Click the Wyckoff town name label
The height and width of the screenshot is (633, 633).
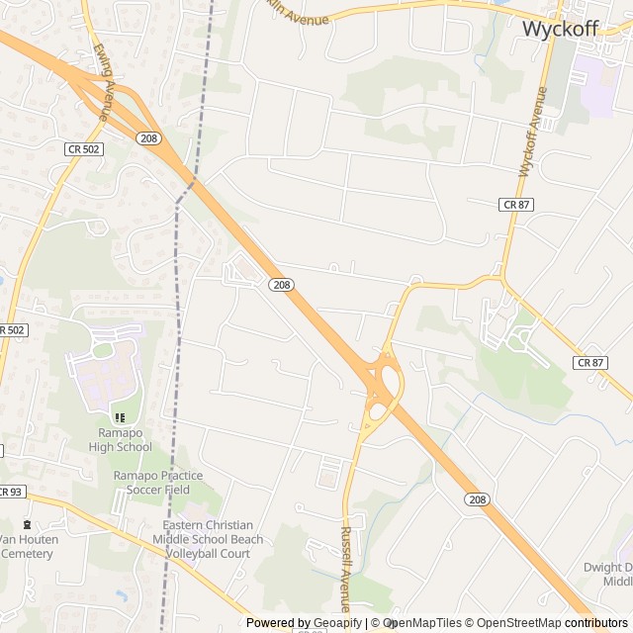pos(560,29)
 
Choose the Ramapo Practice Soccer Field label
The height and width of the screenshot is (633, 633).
pos(150,483)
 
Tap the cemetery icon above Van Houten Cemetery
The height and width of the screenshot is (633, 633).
pos(26,524)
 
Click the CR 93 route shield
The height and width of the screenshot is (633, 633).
pos(10,492)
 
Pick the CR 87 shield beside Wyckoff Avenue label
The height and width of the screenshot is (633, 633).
pos(516,204)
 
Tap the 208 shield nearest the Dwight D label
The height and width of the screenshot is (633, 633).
pos(475,500)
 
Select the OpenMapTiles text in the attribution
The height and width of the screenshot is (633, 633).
pos(424,623)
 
